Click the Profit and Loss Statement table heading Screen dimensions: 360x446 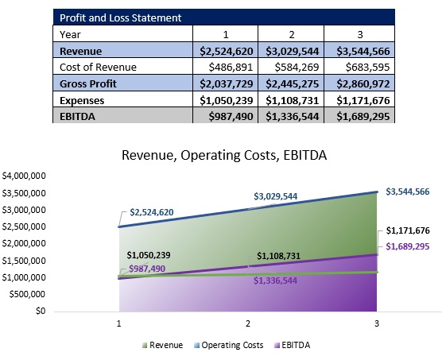coord(121,17)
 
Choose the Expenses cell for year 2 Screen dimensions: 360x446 coord(291,100)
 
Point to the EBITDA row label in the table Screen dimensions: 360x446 coord(80,116)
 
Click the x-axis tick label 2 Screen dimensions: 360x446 coord(247,323)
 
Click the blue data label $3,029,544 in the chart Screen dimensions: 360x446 coord(276,196)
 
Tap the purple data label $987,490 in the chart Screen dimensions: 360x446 coord(147,269)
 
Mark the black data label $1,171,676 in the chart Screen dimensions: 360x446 coord(408,230)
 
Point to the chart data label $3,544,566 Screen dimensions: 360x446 coord(407,192)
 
